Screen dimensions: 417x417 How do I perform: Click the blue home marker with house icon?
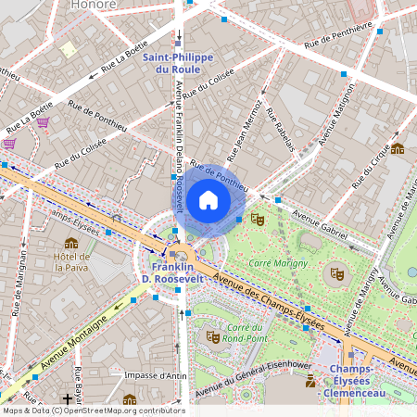point(208,199)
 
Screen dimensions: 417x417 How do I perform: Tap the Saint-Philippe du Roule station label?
point(178,63)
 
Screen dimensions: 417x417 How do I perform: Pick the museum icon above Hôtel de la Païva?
point(71,243)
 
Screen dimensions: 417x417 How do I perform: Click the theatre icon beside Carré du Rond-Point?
point(211,336)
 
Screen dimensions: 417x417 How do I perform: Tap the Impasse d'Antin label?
point(155,375)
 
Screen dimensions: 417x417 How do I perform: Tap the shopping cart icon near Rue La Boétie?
point(43,121)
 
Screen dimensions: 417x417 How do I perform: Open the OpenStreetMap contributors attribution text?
point(94,411)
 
